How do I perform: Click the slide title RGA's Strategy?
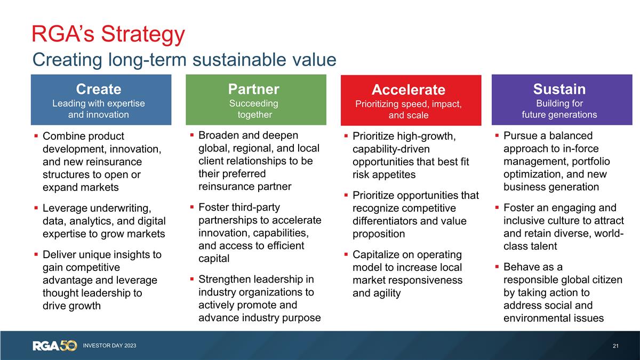click(x=108, y=34)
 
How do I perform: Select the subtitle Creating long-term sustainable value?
click(x=184, y=59)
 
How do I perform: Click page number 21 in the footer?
click(x=615, y=346)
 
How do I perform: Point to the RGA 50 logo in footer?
click(x=55, y=346)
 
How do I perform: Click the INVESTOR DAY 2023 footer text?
click(x=109, y=346)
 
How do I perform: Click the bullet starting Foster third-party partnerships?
click(x=259, y=233)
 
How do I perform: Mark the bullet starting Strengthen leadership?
click(x=259, y=299)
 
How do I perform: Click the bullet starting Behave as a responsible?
click(x=562, y=293)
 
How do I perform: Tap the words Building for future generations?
click(x=559, y=109)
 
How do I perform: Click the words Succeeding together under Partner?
click(x=254, y=109)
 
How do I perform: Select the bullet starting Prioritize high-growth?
click(x=411, y=155)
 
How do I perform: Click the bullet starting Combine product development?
click(x=101, y=162)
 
